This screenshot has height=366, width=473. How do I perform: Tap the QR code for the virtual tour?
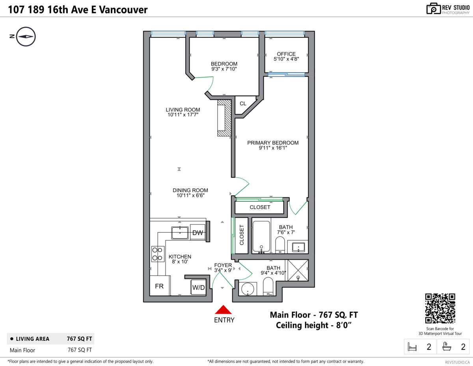click(x=440, y=309)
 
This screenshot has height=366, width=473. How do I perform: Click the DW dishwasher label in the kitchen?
click(x=197, y=233)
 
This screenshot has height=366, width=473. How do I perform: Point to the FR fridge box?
click(x=159, y=286)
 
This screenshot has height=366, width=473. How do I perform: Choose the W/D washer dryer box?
click(x=198, y=288)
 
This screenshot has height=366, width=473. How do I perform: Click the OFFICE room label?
click(x=286, y=54)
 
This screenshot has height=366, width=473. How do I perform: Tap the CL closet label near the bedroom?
click(x=243, y=104)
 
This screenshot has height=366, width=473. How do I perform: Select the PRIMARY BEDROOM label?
click(x=273, y=143)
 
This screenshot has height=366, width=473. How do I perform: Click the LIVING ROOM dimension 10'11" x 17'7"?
click(x=182, y=115)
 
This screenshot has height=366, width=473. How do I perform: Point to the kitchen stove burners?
click(x=158, y=254)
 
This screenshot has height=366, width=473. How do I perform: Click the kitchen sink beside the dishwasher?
click(x=181, y=233)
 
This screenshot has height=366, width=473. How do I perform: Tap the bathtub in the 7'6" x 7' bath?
click(x=261, y=236)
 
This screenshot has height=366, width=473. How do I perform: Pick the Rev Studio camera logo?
click(x=434, y=8)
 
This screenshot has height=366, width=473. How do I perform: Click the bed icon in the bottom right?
click(x=412, y=347)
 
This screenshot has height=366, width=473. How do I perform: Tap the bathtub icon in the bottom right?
click(x=447, y=347)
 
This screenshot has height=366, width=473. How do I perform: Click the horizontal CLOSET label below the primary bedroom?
click(x=260, y=207)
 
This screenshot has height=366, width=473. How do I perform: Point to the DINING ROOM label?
click(x=190, y=190)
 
